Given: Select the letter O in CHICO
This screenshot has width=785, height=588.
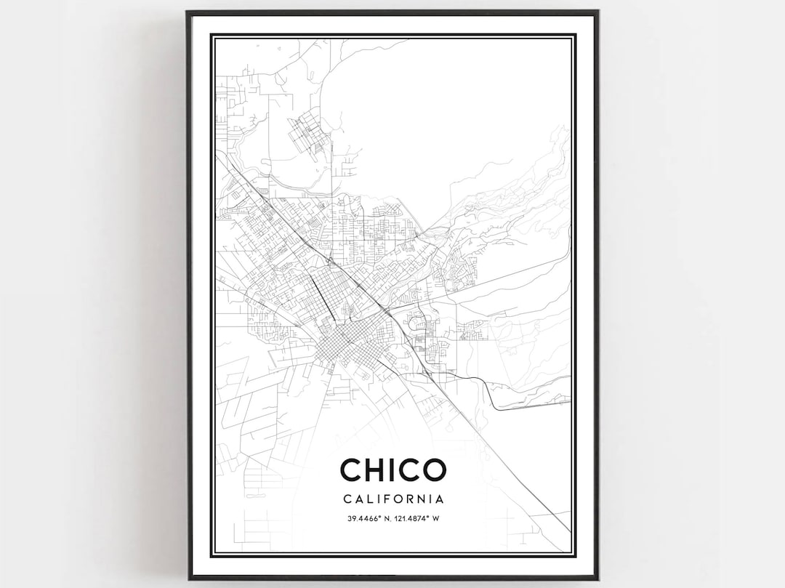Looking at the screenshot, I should [432, 470].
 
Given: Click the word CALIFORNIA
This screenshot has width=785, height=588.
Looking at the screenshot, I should [392, 499].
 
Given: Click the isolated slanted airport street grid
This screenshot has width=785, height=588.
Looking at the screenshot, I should [308, 134].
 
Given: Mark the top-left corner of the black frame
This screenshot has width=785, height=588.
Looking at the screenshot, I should [188, 12].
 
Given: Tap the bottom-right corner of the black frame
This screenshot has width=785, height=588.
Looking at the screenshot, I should [597, 578].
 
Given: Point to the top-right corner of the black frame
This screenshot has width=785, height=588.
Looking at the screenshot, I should [597, 12].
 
